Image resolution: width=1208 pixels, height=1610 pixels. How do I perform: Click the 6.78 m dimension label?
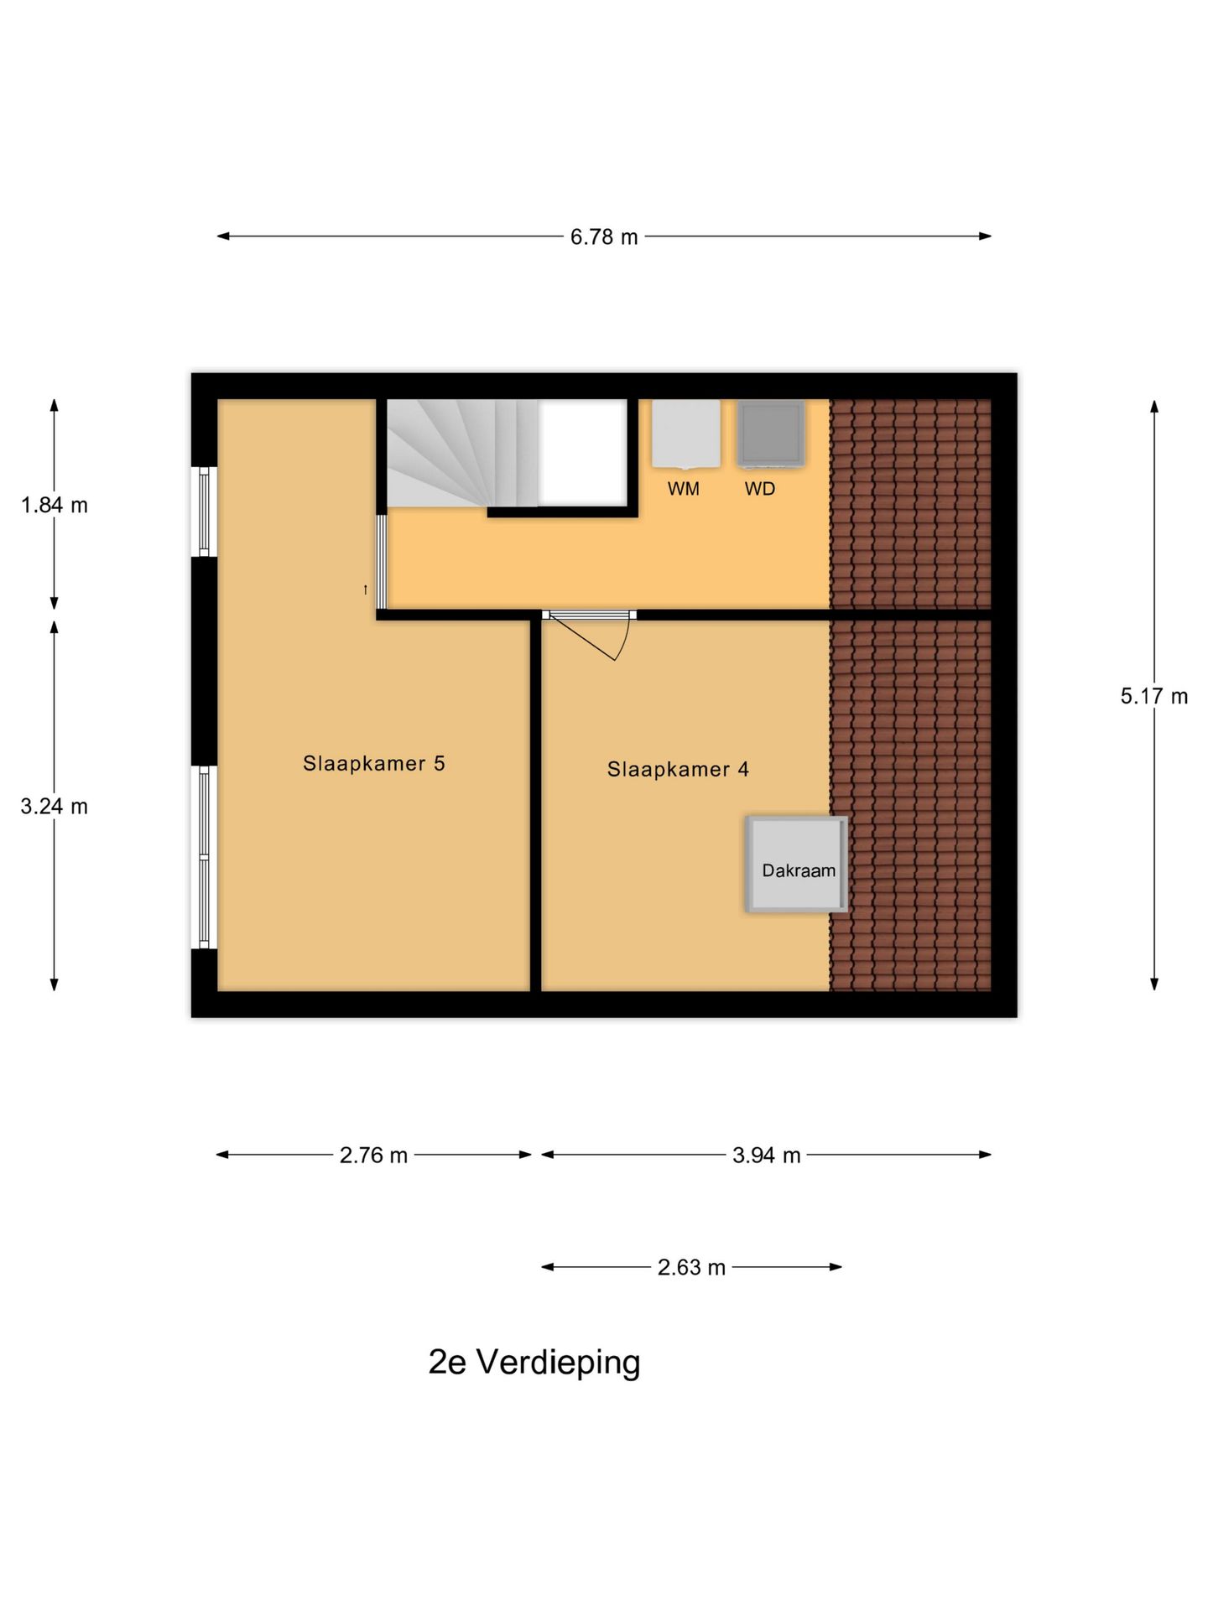point(603,237)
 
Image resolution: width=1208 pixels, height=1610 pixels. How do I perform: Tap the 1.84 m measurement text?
point(55,505)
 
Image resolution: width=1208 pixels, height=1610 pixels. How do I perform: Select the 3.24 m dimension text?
point(55,806)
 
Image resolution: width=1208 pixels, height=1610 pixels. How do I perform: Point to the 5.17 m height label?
point(1153,696)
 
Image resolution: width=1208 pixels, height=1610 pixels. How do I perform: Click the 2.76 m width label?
point(373,1156)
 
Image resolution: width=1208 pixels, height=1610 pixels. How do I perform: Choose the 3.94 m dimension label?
point(766,1156)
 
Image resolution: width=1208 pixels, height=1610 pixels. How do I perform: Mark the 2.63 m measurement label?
point(691,1267)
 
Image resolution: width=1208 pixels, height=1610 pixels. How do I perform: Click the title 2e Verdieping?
point(534,1362)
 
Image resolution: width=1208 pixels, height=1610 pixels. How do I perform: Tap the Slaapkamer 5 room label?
point(373,763)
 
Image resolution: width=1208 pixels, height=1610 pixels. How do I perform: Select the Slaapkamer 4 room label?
point(678,769)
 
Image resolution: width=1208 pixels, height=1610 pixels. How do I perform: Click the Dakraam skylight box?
point(797,865)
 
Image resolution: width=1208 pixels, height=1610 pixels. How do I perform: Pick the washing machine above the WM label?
point(685,434)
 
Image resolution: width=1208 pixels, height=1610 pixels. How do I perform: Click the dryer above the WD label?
point(770,434)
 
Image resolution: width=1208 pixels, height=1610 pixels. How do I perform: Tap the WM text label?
point(683,489)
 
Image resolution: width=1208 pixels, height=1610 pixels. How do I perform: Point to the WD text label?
point(760,489)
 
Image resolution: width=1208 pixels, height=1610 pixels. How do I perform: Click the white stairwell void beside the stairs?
point(582,453)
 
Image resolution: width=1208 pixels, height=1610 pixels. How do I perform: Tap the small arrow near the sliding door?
point(366,590)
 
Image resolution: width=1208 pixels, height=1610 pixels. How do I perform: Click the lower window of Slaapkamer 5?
point(203,857)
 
